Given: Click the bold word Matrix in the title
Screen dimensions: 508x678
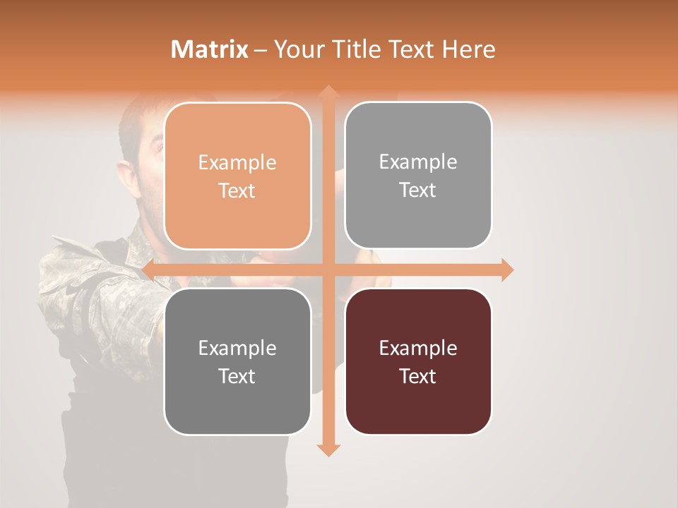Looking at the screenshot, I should [210, 49].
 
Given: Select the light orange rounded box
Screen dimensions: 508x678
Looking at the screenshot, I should [237, 176].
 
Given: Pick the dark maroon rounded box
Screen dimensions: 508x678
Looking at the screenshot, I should [418, 361].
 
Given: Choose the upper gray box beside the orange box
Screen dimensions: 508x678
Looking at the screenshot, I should [418, 175].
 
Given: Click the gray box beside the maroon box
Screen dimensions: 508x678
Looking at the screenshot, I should [237, 361].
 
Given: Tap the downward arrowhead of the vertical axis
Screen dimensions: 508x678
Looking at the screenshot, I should [328, 450].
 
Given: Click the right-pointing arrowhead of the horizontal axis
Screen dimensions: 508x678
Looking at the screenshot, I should [507, 270].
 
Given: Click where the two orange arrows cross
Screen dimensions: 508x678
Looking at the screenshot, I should [328, 270].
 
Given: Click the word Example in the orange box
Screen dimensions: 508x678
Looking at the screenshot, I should [237, 163].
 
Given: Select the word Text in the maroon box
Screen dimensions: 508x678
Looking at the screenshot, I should [418, 376].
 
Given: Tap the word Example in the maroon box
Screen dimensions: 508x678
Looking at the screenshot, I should [418, 348].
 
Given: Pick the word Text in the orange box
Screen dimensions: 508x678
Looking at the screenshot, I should [237, 191].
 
